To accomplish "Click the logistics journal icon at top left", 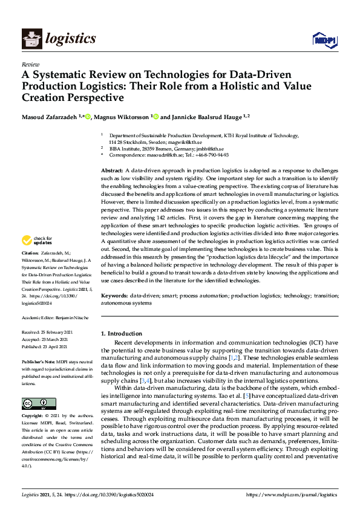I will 31,40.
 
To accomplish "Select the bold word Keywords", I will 114,296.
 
